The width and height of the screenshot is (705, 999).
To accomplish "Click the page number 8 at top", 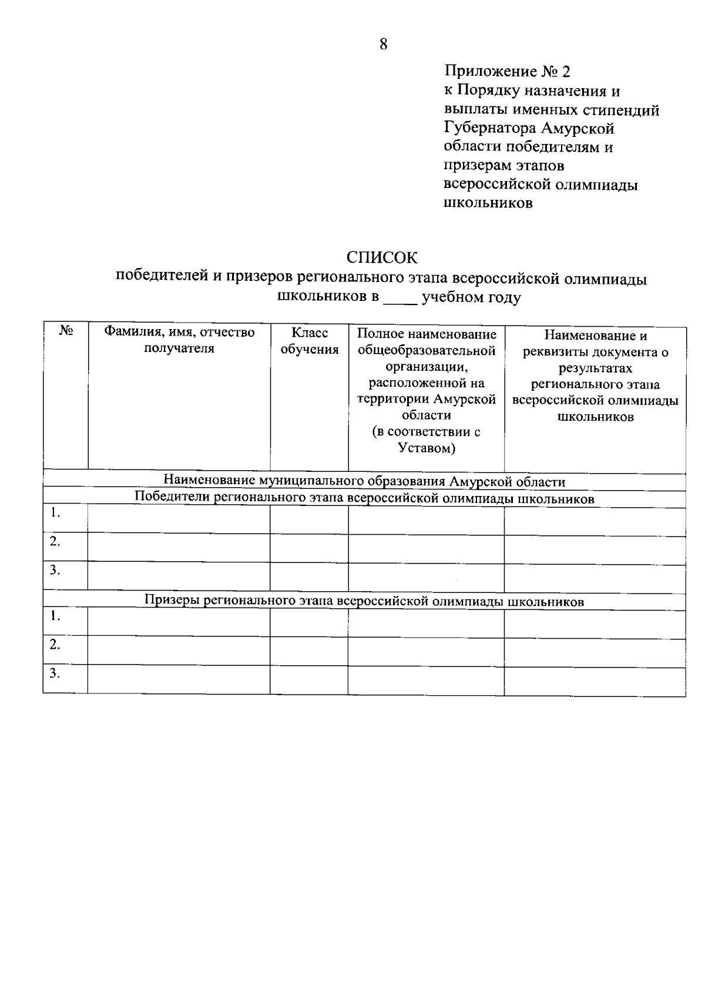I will pyautogui.click(x=383, y=45).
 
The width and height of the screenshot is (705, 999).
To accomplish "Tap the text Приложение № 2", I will pyautogui.click(x=507, y=72).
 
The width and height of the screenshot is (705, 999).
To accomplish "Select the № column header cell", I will pyautogui.click(x=66, y=333).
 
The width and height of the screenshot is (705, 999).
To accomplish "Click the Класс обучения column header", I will pyautogui.click(x=309, y=341).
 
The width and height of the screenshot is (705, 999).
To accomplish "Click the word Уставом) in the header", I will pyautogui.click(x=427, y=448).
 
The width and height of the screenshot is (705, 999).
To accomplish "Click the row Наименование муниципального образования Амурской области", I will pyautogui.click(x=364, y=482).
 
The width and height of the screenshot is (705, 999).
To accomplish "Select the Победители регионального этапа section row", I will pyautogui.click(x=364, y=499).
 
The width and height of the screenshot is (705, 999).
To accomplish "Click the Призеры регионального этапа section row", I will pyautogui.click(x=364, y=602).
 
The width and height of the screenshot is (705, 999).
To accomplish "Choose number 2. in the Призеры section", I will pyautogui.click(x=55, y=645).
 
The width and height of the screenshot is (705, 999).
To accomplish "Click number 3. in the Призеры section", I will pyautogui.click(x=55, y=673).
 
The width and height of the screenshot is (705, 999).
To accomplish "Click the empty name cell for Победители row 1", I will pyautogui.click(x=179, y=519).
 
